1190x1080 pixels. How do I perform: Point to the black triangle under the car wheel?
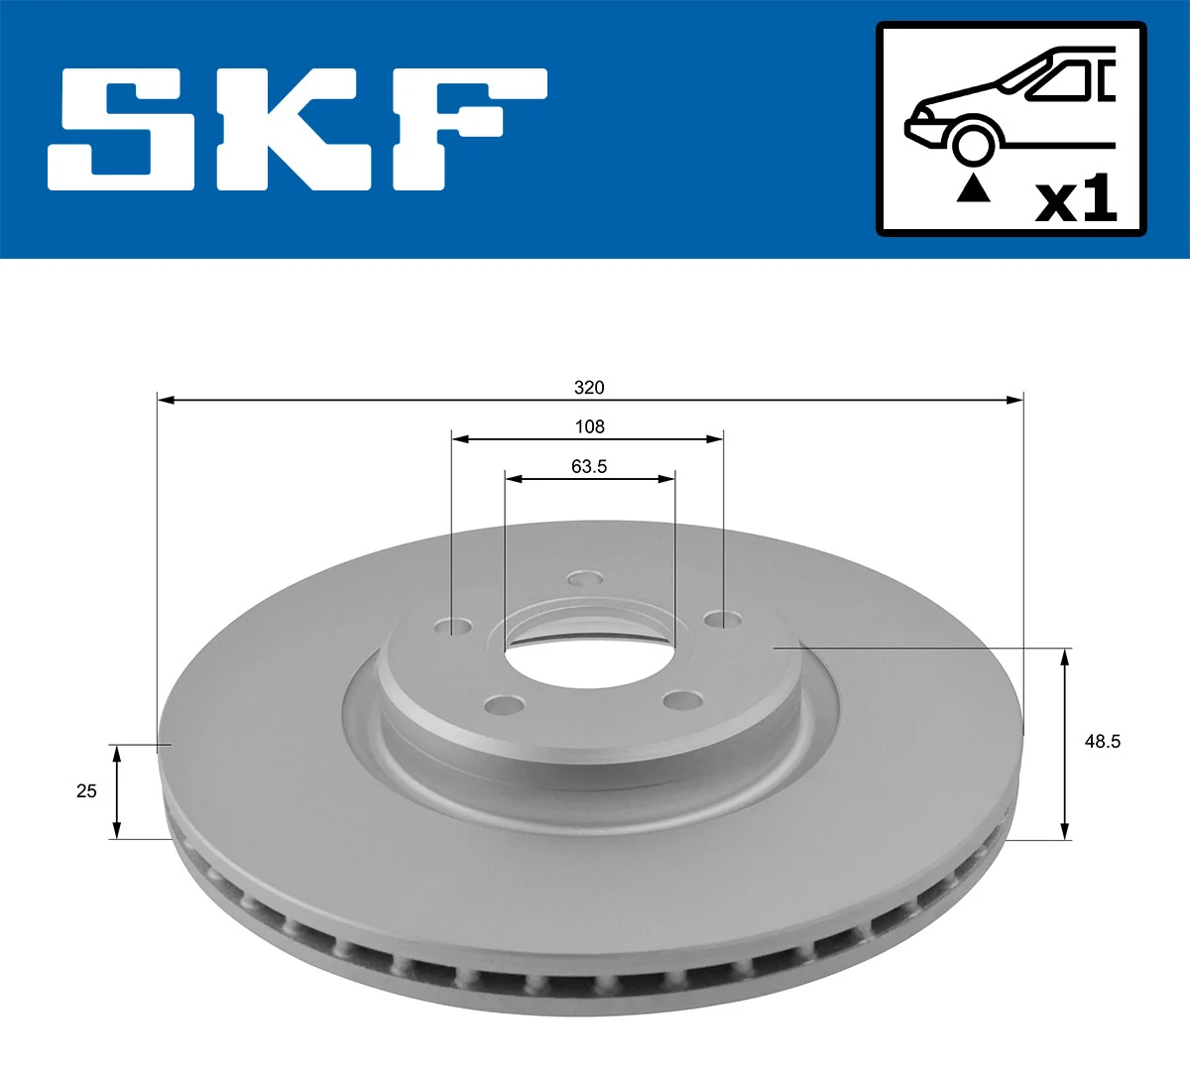point(973,188)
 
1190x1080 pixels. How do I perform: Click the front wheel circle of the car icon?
point(972,143)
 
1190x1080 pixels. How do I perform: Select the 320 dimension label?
point(589,387)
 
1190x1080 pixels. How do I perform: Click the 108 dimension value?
point(589,426)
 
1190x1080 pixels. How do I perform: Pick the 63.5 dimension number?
point(589,466)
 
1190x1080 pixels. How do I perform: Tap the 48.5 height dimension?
point(1102,741)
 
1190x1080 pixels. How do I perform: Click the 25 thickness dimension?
point(87,790)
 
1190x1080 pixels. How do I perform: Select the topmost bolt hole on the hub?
point(585,579)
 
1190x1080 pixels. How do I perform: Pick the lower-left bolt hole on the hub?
point(505,705)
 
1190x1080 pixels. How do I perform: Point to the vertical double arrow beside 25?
point(117,791)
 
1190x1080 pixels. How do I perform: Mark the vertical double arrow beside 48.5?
point(1065,743)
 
